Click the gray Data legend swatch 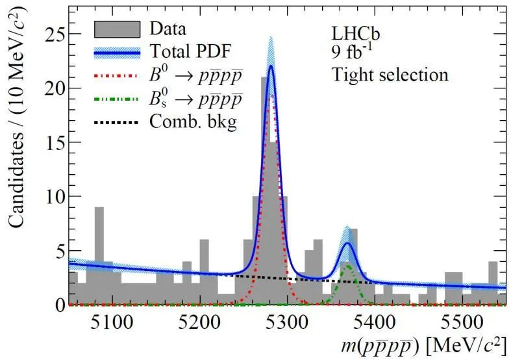[x=117, y=29]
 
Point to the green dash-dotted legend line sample [x=117, y=99]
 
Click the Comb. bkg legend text [x=192, y=122]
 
